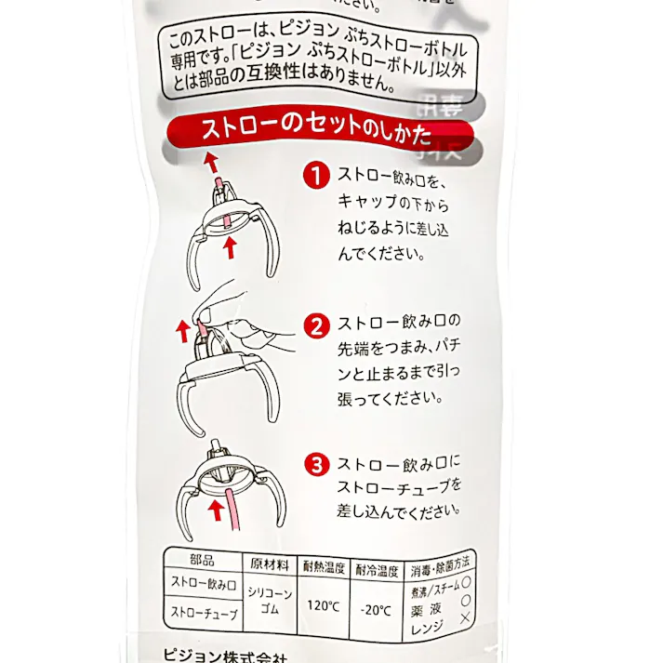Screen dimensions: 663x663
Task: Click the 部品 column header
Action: (202, 561)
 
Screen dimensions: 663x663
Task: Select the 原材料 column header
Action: (269, 564)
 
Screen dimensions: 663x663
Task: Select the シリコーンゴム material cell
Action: (270, 599)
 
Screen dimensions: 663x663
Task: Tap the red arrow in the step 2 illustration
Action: (182, 328)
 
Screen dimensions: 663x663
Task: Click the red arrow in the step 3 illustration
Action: (217, 507)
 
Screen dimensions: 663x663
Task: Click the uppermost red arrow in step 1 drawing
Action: (212, 165)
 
